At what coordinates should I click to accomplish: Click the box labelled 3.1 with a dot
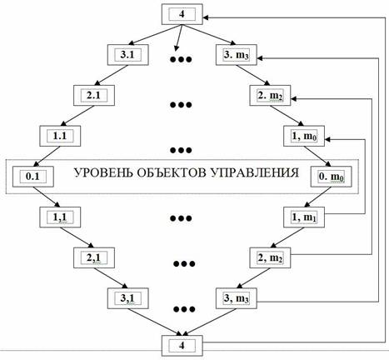(127, 55)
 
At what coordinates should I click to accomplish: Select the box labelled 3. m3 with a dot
(237, 55)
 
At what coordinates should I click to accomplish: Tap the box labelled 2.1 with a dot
(94, 95)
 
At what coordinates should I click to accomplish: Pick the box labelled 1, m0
(304, 136)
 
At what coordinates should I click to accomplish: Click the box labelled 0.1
(32, 177)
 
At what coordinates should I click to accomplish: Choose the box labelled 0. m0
(332, 177)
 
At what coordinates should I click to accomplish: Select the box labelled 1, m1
(304, 217)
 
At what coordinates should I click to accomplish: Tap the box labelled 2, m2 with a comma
(270, 257)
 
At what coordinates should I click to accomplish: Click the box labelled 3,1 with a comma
(127, 298)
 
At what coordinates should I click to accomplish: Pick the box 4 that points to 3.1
(182, 14)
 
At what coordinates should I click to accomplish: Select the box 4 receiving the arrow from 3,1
(182, 346)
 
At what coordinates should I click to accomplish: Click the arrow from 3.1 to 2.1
(111, 75)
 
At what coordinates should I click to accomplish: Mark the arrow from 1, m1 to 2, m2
(287, 237)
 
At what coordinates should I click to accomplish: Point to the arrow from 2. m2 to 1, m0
(287, 116)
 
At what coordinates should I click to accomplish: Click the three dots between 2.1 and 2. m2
(181, 105)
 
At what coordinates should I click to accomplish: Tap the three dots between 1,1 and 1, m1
(181, 218)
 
